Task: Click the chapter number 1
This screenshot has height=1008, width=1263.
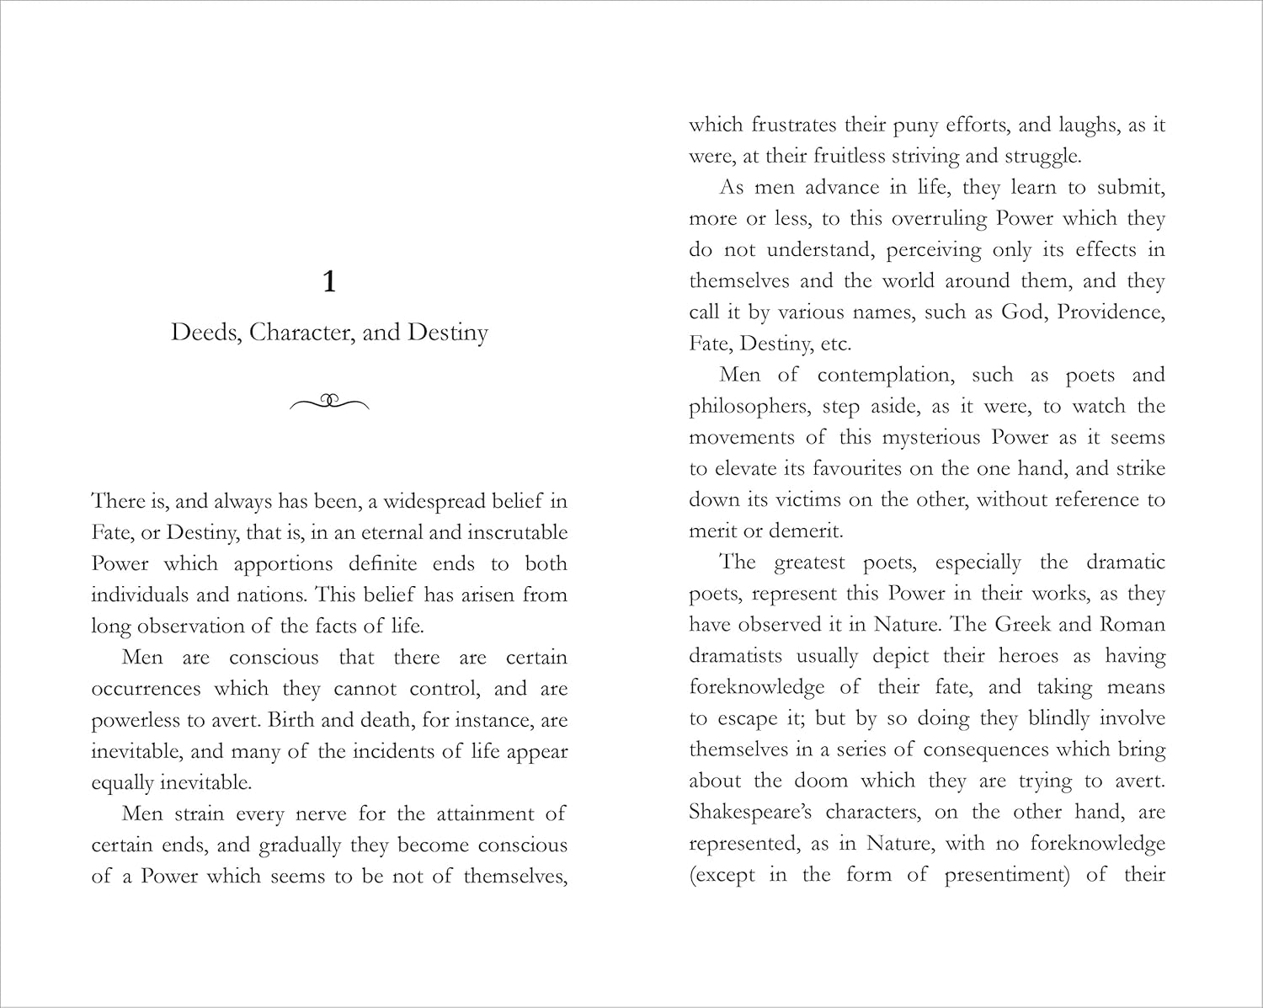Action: click(329, 282)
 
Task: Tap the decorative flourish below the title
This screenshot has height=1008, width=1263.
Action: click(329, 402)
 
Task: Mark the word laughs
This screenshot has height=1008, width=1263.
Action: click(1085, 125)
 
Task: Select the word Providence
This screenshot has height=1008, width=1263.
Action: click(1111, 312)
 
